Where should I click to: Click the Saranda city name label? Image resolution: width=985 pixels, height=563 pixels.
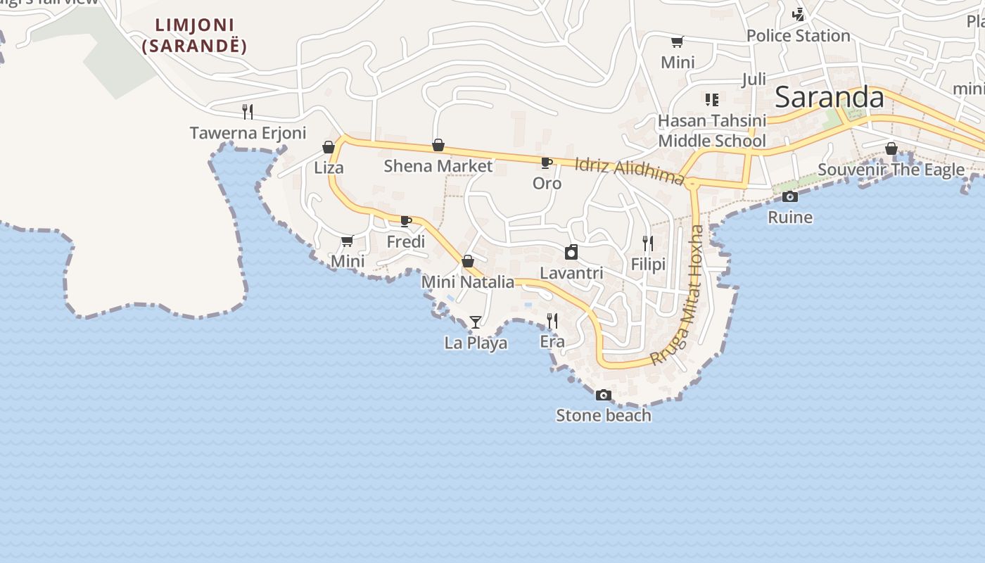pyautogui.click(x=829, y=98)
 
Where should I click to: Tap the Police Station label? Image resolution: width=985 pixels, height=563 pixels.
pyautogui.click(x=798, y=36)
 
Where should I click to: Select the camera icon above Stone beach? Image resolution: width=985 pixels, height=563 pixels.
pyautogui.click(x=603, y=396)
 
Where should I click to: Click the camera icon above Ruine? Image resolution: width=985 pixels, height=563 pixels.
pyautogui.click(x=790, y=197)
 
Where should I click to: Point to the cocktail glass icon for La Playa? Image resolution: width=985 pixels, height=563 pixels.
pyautogui.click(x=476, y=322)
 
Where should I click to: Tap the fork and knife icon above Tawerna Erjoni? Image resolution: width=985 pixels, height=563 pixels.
pyautogui.click(x=248, y=111)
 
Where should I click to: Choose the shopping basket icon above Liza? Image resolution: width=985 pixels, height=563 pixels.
pyautogui.click(x=329, y=147)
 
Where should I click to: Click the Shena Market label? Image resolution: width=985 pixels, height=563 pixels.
pyautogui.click(x=438, y=166)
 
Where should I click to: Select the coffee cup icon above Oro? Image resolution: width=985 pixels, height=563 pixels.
pyautogui.click(x=546, y=163)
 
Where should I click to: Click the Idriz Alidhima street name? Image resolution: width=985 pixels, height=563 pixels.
pyautogui.click(x=629, y=171)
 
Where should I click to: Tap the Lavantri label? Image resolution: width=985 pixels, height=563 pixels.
pyautogui.click(x=571, y=272)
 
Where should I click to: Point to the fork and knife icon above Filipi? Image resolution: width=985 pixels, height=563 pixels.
pyautogui.click(x=648, y=243)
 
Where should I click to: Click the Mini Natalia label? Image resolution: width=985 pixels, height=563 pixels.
pyautogui.click(x=468, y=282)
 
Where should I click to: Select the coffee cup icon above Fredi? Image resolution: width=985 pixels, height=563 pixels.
pyautogui.click(x=406, y=221)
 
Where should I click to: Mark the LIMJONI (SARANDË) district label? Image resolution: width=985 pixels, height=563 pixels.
pyautogui.click(x=194, y=36)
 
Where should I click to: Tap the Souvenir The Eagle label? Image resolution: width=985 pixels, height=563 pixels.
pyautogui.click(x=891, y=170)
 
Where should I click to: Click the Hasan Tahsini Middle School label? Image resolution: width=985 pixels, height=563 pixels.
pyautogui.click(x=711, y=131)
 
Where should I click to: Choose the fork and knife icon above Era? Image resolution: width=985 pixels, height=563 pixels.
pyautogui.click(x=552, y=321)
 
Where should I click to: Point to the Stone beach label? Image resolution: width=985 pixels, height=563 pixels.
pyautogui.click(x=604, y=415)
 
